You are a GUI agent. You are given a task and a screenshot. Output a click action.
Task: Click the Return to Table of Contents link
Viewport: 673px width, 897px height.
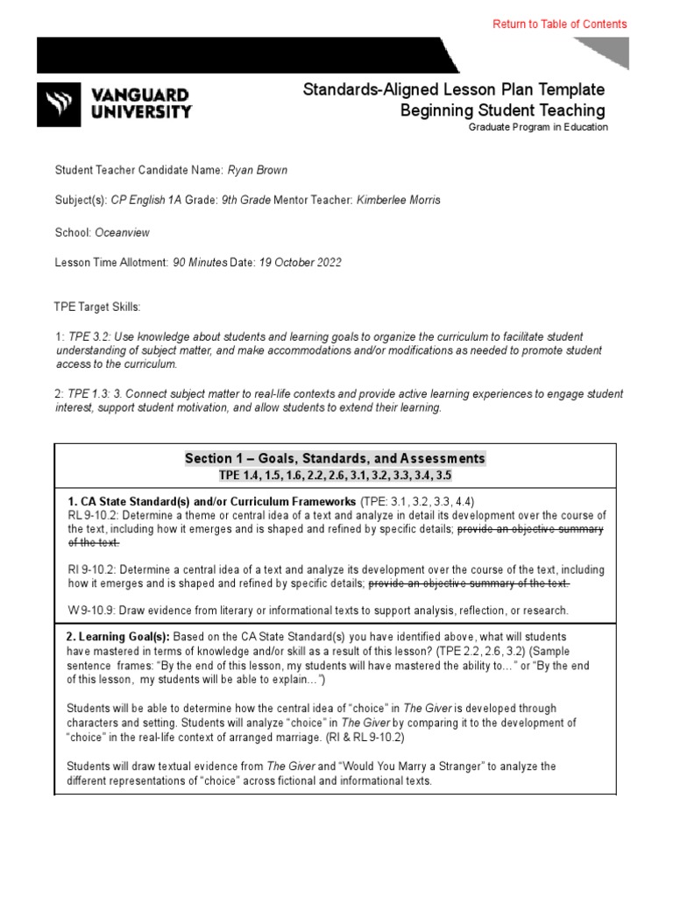(559, 25)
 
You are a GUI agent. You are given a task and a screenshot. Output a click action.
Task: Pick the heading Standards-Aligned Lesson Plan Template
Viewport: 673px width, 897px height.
(453, 89)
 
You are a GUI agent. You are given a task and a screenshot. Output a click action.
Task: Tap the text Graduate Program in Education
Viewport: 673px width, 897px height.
(537, 127)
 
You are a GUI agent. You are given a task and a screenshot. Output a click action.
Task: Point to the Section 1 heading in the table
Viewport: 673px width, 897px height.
(334, 458)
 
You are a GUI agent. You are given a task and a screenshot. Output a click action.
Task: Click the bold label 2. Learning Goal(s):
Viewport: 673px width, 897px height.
(118, 636)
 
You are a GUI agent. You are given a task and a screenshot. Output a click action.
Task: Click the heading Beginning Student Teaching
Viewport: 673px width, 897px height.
(502, 110)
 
